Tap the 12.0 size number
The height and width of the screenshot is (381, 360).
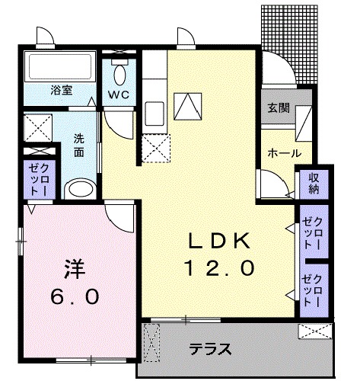[218, 267]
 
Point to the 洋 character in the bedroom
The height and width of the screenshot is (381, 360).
[73, 271]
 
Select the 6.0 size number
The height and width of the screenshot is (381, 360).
[74, 296]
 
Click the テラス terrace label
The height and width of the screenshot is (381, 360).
[210, 351]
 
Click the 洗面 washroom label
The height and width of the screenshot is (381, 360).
[80, 145]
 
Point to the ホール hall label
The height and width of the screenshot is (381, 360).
[283, 154]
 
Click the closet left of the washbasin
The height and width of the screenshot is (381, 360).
[36, 180]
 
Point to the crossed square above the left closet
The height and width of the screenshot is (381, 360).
[37, 127]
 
